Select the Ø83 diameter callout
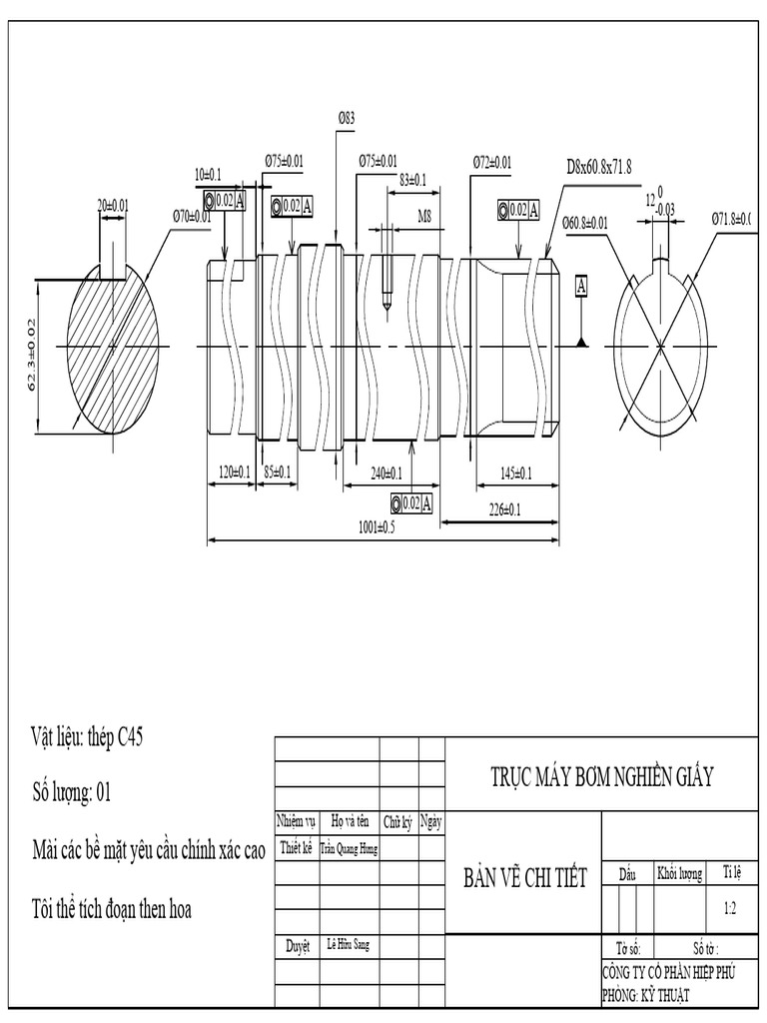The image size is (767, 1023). point(346,118)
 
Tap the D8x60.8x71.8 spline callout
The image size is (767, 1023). point(599,166)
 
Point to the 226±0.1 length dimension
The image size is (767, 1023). point(503,510)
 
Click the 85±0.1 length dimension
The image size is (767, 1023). point(277,472)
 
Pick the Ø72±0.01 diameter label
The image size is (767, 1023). point(492,162)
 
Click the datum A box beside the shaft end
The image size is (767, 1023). point(580,287)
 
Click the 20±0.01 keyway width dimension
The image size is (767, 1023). point(113,205)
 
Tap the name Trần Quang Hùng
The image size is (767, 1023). point(349,848)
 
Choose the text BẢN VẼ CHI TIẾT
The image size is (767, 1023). point(524,877)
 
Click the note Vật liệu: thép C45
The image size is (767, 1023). point(87,738)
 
